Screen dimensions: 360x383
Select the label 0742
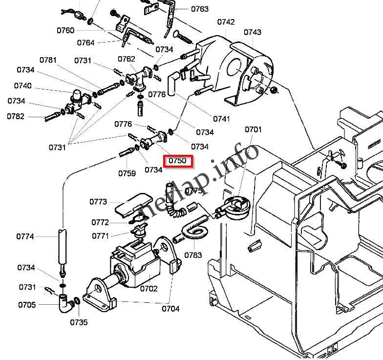click(x=226, y=22)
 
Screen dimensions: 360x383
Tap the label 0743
click(x=252, y=32)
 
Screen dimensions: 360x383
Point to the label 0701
click(x=253, y=129)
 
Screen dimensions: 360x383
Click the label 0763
click(x=199, y=9)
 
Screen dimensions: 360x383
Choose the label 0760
click(x=65, y=30)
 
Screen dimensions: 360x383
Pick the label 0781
click(x=48, y=60)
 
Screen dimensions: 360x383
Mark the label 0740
click(x=23, y=86)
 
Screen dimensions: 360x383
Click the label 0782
click(x=16, y=116)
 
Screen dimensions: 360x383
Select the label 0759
click(x=127, y=173)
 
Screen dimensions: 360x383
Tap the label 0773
click(x=98, y=201)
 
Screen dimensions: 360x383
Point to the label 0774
click(x=25, y=236)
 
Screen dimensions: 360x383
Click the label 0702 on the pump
click(x=149, y=289)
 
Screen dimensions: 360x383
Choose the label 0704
click(x=170, y=308)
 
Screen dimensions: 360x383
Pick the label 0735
click(x=79, y=322)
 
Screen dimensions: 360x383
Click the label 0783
click(x=193, y=255)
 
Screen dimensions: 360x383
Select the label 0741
click(x=221, y=119)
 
